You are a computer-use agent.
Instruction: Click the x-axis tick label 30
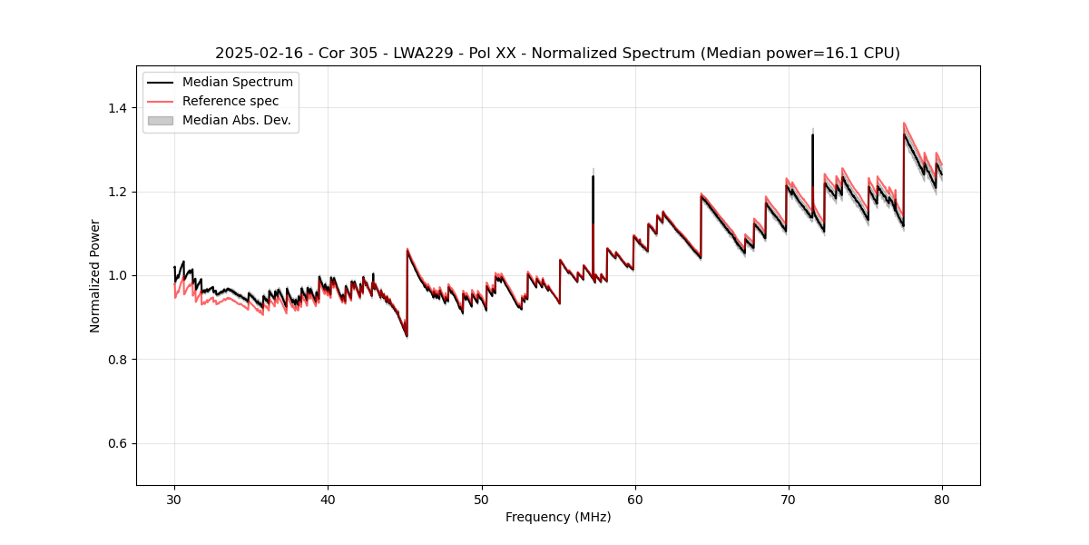pyautogui.click(x=174, y=499)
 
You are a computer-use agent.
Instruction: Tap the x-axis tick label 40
pyautogui.click(x=328, y=499)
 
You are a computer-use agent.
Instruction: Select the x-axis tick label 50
pyautogui.click(x=481, y=499)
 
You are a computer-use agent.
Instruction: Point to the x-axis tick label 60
pyautogui.click(x=635, y=499)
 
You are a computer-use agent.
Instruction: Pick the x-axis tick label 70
pyautogui.click(x=789, y=499)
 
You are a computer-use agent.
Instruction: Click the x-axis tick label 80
pyautogui.click(x=942, y=499)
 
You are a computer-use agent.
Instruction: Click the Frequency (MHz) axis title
pyautogui.click(x=558, y=517)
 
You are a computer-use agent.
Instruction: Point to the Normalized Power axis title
pyautogui.click(x=95, y=275)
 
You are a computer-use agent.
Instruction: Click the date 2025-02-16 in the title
pyautogui.click(x=257, y=54)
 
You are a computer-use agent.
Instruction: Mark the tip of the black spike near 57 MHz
pyautogui.click(x=593, y=176)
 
